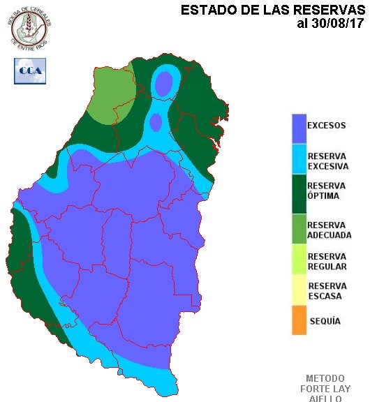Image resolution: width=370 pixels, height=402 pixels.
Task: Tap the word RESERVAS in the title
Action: pos(325,10)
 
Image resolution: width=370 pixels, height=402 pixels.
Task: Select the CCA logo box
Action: pos(29,70)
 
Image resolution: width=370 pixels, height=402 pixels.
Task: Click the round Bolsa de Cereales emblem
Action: pos(29,27)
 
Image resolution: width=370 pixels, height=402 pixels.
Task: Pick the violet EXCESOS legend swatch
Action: pos(299,127)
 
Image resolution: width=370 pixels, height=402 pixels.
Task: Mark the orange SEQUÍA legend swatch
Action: pos(299,321)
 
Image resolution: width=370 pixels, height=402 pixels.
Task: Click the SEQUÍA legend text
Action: pos(324,321)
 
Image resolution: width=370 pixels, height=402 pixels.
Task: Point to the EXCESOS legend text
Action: pos(327,126)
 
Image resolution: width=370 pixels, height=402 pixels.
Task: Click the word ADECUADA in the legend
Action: pos(329,235)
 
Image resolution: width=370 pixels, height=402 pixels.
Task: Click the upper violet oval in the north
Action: pos(164,84)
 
